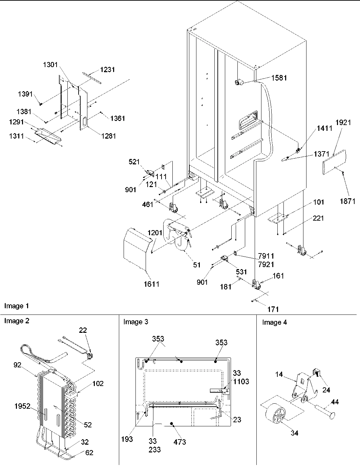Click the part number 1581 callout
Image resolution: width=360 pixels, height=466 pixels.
coord(279,78)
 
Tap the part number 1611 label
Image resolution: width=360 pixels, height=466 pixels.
coord(151,284)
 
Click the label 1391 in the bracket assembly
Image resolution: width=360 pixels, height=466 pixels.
coord(26,95)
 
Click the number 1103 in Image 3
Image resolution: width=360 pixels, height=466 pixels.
coord(241,382)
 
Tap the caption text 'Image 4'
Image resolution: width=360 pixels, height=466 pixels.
coord(274,322)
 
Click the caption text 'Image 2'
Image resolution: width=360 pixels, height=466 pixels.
coord(17,321)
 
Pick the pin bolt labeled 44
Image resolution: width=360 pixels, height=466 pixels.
coord(323,413)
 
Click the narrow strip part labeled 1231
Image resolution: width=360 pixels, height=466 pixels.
coord(92,77)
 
